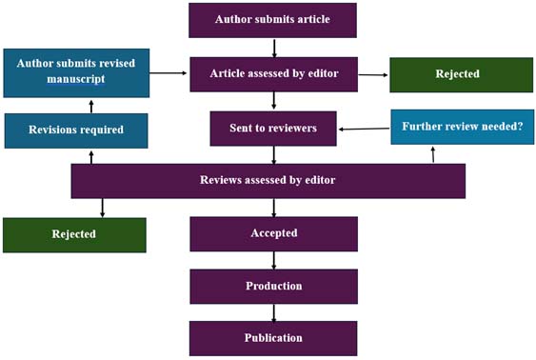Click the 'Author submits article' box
coord(273,20)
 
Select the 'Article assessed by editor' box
coord(273,74)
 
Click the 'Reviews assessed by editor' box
coord(268,181)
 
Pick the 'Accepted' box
coord(273,233)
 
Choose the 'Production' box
coord(273,286)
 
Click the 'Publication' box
coord(273,338)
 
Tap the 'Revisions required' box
coord(76,130)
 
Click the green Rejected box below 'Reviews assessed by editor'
coord(74,234)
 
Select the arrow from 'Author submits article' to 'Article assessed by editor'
coord(274,48)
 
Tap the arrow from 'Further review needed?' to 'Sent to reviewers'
coord(364,129)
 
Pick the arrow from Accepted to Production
coord(274,260)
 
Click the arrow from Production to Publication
coord(274,312)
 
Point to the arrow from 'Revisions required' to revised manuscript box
coord(90,104)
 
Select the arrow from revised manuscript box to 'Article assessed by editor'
coord(169,72)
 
